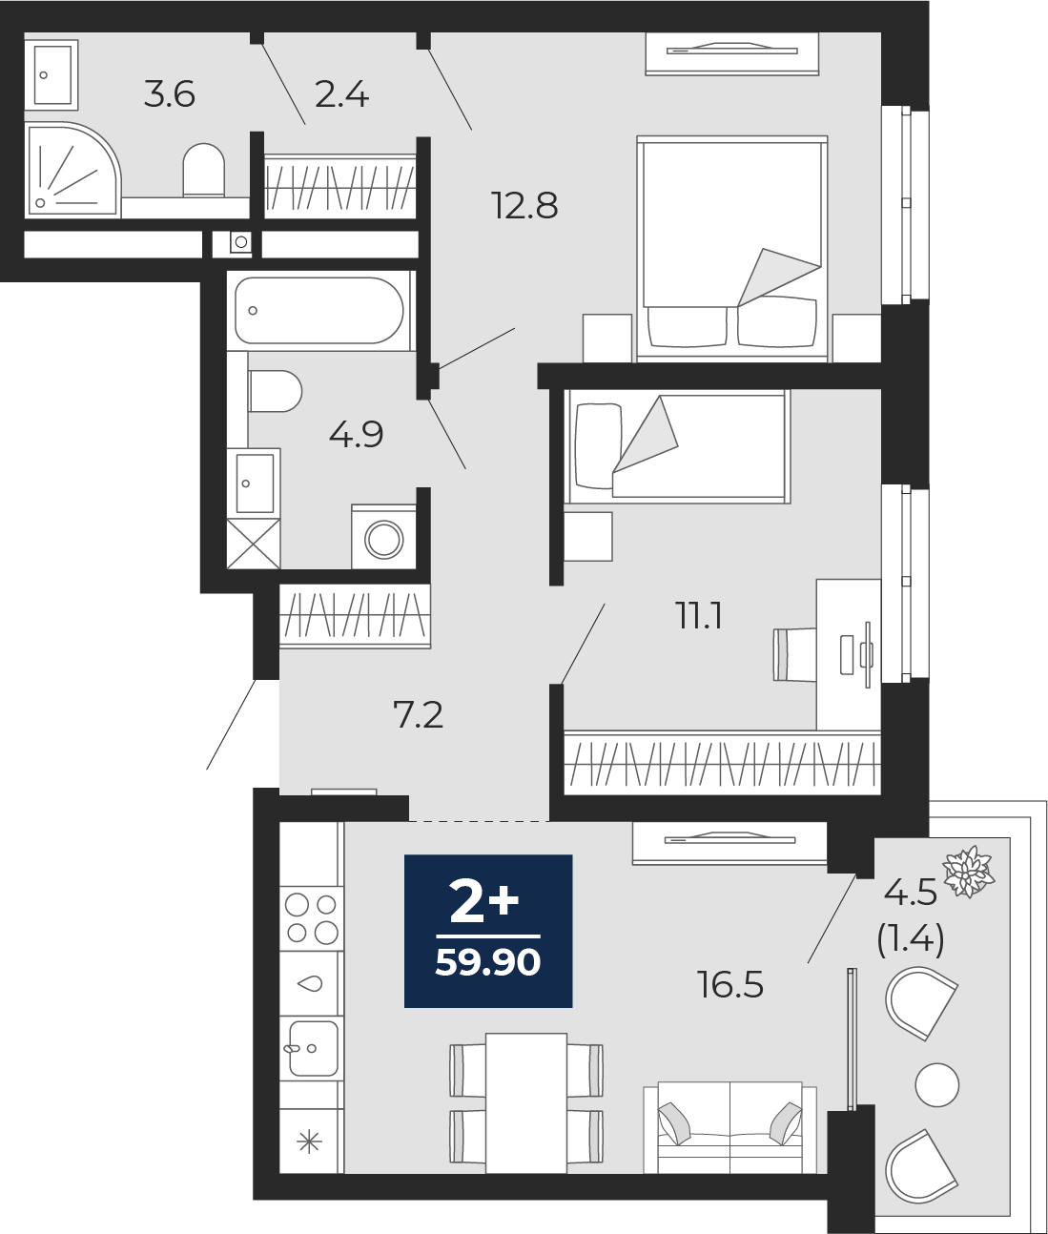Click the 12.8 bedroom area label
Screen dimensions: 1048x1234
[524, 205]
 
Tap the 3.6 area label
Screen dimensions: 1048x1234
[170, 95]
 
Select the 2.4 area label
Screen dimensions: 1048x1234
[341, 95]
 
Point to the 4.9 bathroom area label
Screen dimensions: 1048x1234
[356, 434]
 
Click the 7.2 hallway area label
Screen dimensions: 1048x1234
[418, 714]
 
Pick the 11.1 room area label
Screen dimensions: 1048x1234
[699, 615]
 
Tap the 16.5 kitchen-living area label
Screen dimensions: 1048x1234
[730, 984]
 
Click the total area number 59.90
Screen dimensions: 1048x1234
[488, 962]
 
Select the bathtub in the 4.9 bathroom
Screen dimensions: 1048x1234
[319, 311]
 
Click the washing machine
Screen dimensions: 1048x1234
[384, 539]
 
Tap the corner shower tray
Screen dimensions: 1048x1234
[72, 170]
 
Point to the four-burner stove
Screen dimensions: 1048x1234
[311, 918]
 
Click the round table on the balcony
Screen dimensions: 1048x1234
[937, 1084]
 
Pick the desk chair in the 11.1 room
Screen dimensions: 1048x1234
[794, 654]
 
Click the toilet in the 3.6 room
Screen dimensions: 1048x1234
[204, 170]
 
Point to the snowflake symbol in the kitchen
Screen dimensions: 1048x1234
[309, 1142]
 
